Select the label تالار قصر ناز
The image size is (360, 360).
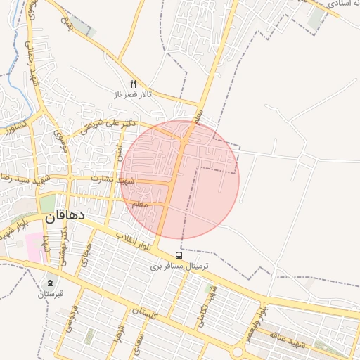click(134, 94)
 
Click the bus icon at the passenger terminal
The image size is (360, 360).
click(179, 256)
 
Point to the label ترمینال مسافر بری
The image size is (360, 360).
click(178, 267)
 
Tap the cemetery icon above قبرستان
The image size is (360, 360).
click(50, 283)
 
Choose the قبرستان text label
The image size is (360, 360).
click(51, 293)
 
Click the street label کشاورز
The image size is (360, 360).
click(15, 127)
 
